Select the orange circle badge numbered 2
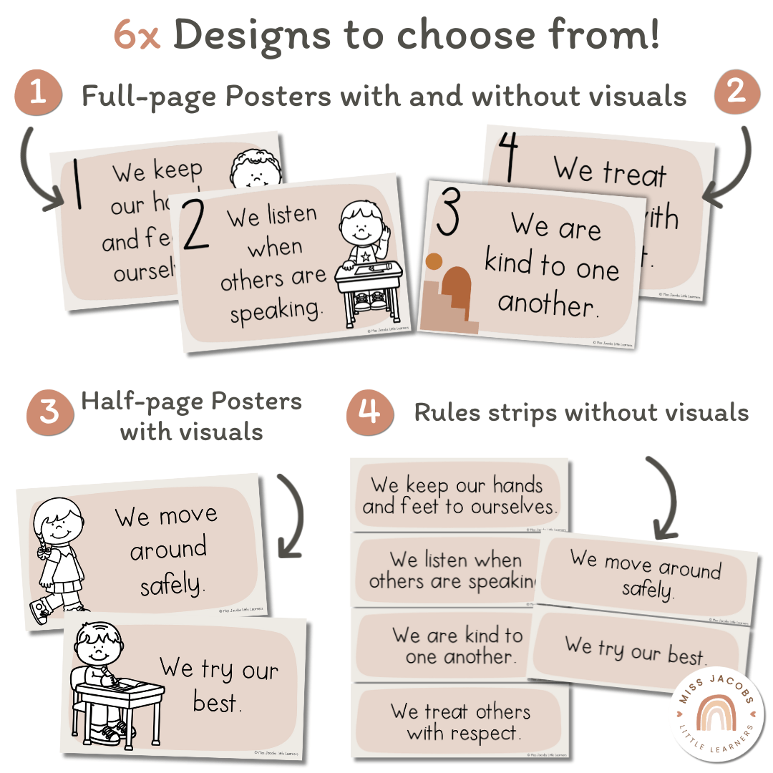(736, 92)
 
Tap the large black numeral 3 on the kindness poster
(448, 213)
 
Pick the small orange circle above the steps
(434, 261)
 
